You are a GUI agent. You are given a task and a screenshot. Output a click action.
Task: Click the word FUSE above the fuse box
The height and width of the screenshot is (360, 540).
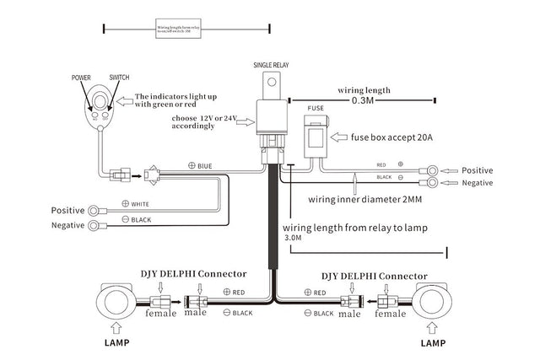tap(314, 109)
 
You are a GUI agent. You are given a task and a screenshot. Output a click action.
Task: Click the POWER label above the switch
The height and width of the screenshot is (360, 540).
tap(82, 76)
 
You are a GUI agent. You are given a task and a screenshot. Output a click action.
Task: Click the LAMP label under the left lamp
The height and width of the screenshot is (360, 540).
tap(116, 344)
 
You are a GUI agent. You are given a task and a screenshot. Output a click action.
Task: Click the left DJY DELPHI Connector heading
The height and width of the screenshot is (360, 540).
tap(193, 272)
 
